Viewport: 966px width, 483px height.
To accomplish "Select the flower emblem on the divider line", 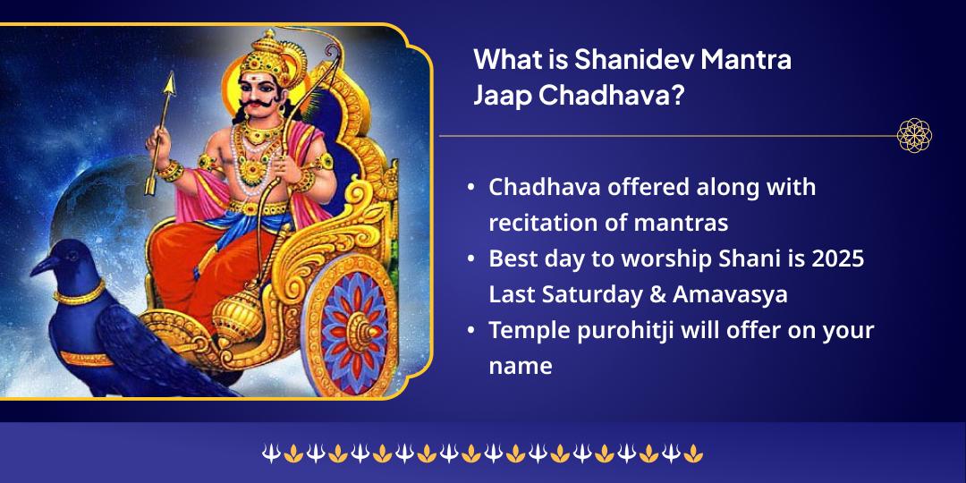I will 914,136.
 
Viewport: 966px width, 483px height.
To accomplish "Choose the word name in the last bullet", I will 520,365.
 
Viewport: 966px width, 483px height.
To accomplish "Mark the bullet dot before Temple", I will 470,330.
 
